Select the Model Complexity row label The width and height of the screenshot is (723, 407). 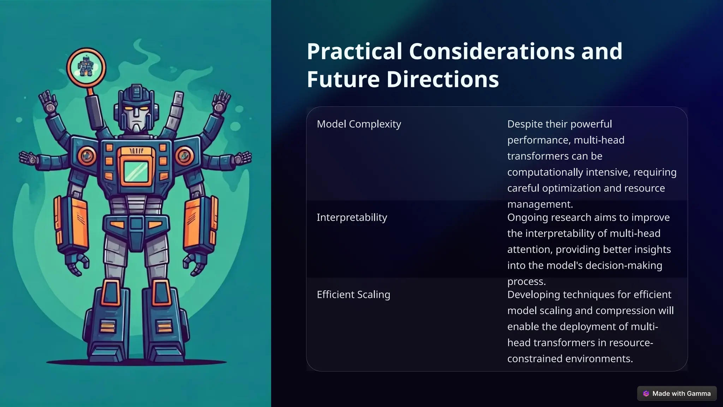pos(359,124)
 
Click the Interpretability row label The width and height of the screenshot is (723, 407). pos(352,217)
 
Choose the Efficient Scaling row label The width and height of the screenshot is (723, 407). pos(353,295)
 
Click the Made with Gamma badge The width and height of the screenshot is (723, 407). pos(677,394)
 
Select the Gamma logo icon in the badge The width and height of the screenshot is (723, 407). pos(646,394)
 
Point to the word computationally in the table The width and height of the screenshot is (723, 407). pos(545,172)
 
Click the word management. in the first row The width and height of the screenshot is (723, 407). pos(540,204)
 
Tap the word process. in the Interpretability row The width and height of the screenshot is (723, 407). pos(526,282)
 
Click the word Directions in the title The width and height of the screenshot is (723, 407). pos(443,79)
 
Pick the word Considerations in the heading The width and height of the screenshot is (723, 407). pos(492,52)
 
